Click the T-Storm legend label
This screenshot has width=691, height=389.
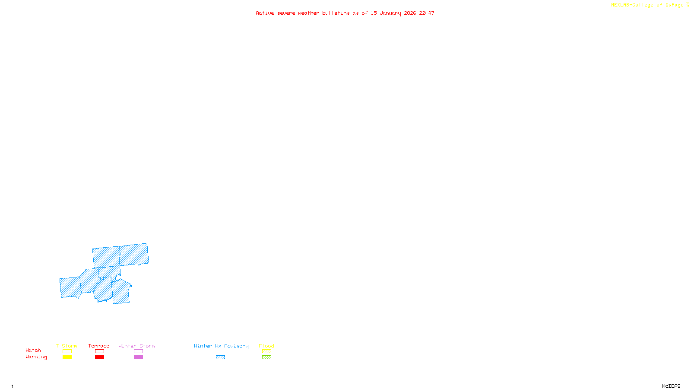(67, 346)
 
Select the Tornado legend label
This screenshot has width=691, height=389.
(99, 346)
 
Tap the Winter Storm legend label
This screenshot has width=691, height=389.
(136, 346)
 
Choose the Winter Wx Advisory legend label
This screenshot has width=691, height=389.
(221, 346)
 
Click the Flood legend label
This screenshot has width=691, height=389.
(266, 346)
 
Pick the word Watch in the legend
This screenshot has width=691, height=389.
(33, 350)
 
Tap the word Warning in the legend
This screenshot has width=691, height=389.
(36, 357)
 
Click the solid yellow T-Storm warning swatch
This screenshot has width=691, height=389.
(67, 357)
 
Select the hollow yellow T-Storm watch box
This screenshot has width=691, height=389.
(67, 351)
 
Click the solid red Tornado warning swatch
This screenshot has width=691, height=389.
(100, 357)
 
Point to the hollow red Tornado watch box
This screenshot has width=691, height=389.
(100, 351)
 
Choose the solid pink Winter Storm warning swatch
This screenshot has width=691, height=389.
(138, 357)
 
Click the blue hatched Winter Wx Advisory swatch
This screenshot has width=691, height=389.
(220, 357)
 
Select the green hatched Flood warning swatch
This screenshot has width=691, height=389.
(267, 357)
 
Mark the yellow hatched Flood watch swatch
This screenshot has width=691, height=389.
(267, 351)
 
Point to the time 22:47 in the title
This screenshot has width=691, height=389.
(427, 13)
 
